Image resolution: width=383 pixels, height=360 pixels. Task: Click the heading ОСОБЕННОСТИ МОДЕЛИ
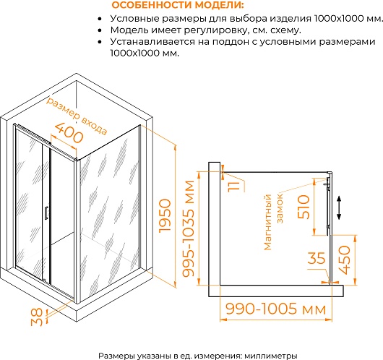click(x=178, y=5)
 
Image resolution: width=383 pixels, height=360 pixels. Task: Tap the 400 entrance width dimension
click(x=69, y=133)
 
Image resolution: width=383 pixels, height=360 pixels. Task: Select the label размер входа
click(x=77, y=116)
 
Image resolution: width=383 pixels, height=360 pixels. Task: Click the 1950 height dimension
click(x=165, y=216)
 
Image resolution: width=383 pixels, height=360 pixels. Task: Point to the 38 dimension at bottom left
click(x=37, y=317)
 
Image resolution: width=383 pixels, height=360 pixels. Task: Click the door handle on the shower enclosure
click(x=46, y=213)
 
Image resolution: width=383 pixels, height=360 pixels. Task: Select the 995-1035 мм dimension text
click(x=189, y=228)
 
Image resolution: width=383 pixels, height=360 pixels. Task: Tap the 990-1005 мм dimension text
click(x=276, y=309)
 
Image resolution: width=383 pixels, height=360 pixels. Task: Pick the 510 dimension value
click(x=304, y=207)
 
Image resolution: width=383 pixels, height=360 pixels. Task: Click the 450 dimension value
click(x=345, y=260)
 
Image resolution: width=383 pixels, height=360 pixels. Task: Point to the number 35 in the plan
click(x=317, y=258)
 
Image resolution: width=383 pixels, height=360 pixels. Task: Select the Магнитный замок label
click(x=274, y=221)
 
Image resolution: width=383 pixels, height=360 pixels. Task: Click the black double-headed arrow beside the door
click(x=339, y=207)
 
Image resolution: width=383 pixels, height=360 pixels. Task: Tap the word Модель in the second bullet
click(x=129, y=30)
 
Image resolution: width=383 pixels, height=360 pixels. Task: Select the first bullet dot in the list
click(x=100, y=19)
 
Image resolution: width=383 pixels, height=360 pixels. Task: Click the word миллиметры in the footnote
click(x=271, y=356)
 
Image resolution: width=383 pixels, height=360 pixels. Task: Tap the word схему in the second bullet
click(x=288, y=30)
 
